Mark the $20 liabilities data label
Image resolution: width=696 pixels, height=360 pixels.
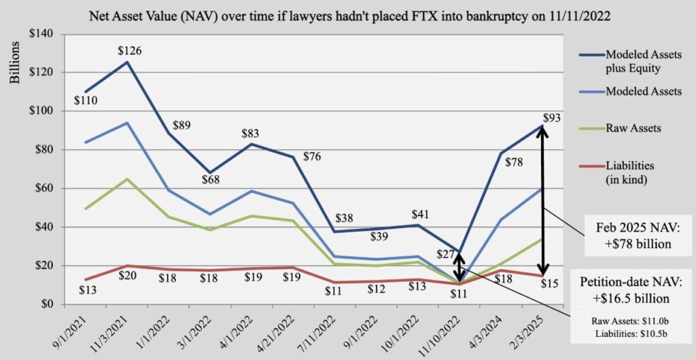(x=127, y=275)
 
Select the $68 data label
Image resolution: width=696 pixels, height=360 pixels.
(x=211, y=180)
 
